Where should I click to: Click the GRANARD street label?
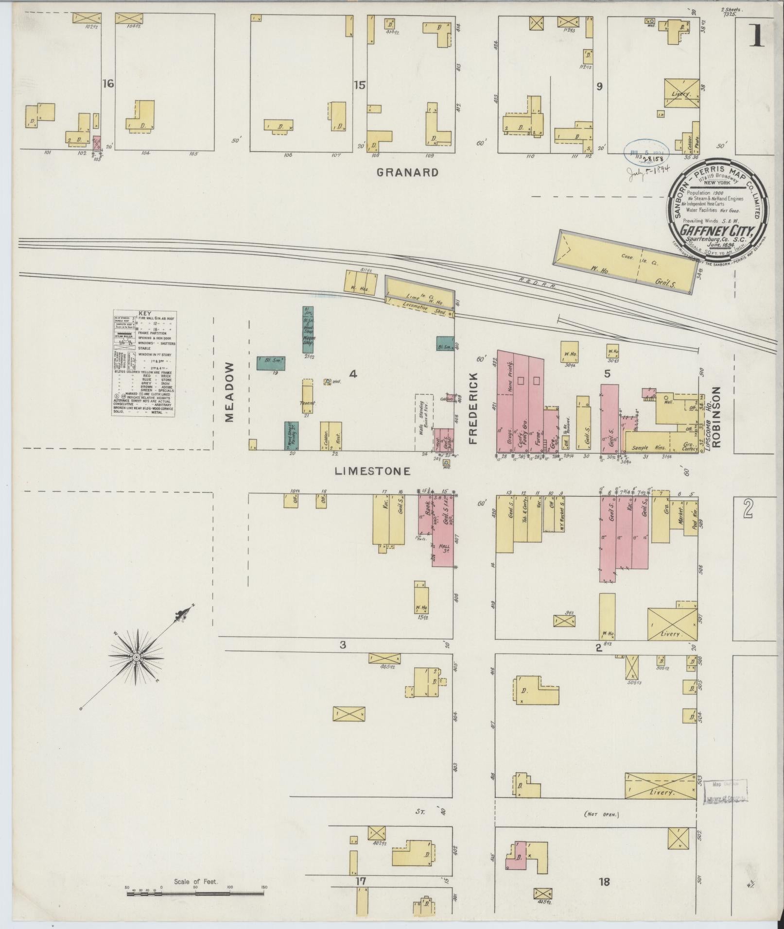pyautogui.click(x=408, y=172)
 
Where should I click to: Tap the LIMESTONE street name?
pyautogui.click(x=373, y=471)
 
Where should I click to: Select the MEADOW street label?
pyautogui.click(x=230, y=392)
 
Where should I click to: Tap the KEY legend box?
pyautogui.click(x=144, y=363)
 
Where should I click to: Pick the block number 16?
pyautogui.click(x=108, y=84)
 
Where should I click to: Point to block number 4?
pyautogui.click(x=353, y=374)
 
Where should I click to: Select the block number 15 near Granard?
pyautogui.click(x=359, y=85)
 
